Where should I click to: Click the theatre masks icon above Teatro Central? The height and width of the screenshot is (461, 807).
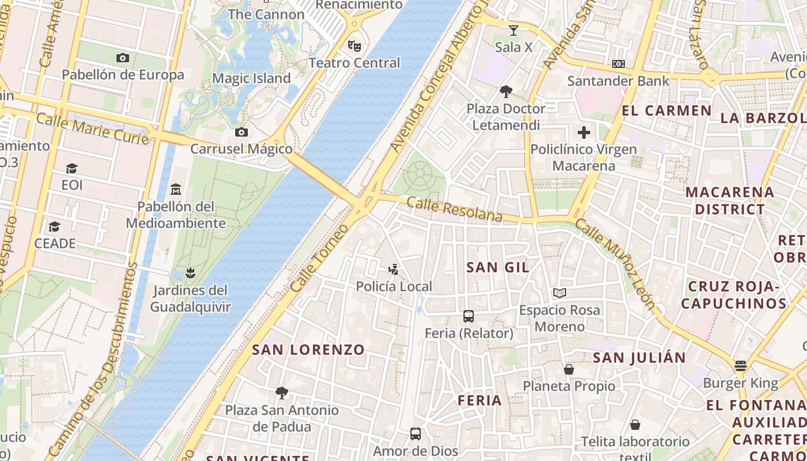(x=354, y=45)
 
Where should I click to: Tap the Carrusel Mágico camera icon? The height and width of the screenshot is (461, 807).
(x=242, y=132)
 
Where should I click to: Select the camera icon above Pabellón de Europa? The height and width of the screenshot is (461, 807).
(x=122, y=58)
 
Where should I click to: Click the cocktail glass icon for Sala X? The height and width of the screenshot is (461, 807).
(x=514, y=30)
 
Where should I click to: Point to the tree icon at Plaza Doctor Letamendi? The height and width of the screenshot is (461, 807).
(x=506, y=91)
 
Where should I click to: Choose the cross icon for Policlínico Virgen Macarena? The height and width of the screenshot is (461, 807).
(x=584, y=133)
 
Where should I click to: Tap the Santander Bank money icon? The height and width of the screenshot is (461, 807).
(x=619, y=64)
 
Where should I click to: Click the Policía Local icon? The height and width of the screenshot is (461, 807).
(x=394, y=269)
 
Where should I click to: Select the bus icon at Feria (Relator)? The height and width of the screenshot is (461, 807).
(x=469, y=316)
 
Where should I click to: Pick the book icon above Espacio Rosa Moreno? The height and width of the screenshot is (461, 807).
(x=559, y=293)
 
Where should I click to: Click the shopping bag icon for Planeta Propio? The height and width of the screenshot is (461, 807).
(x=569, y=369)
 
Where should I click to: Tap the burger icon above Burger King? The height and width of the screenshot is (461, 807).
(x=741, y=366)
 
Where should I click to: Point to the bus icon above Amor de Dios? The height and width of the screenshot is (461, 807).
(x=415, y=434)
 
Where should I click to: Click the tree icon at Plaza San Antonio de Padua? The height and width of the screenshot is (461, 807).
(x=282, y=393)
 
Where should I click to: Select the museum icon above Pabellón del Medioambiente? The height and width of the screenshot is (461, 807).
(x=176, y=189)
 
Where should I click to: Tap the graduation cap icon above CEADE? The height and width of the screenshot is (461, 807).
(x=55, y=226)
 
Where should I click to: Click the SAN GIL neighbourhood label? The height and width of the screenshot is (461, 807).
(x=498, y=267)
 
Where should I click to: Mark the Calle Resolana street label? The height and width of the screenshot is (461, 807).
(x=455, y=209)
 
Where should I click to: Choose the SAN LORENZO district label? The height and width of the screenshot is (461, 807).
(x=308, y=349)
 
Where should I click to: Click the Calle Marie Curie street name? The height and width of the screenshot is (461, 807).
(x=93, y=129)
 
